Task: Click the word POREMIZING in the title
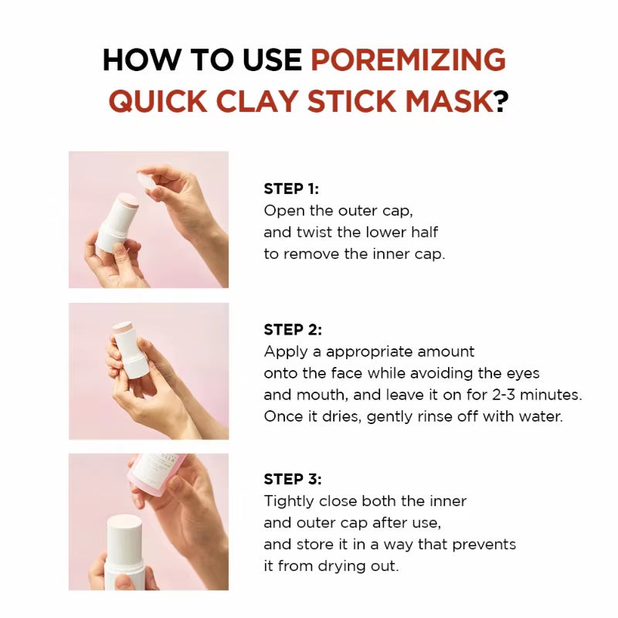point(408,60)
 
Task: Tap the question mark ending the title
point(501,101)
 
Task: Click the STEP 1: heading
point(291,189)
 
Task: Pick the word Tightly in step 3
point(290,501)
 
